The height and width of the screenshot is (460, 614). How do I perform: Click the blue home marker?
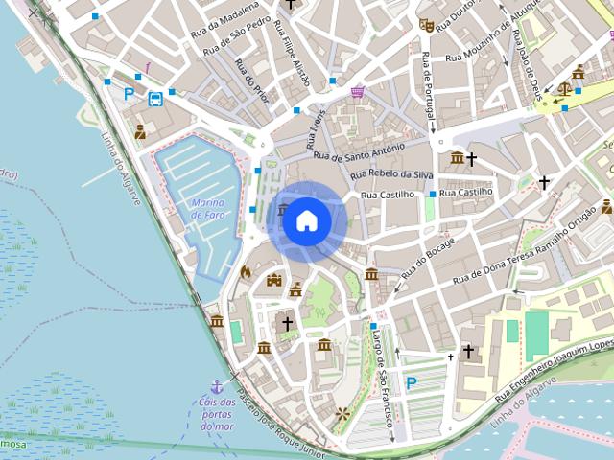point(306,221)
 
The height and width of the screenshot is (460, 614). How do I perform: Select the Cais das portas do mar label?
point(217,413)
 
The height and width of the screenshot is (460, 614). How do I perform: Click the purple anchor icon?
point(217,387)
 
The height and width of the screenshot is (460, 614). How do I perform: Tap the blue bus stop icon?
point(154,98)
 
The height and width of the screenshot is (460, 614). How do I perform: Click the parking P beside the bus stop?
point(130,94)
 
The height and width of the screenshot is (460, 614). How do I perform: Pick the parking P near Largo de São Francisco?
point(412,383)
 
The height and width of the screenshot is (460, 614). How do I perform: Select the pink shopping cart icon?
point(358,92)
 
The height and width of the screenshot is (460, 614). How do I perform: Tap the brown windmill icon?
point(342,415)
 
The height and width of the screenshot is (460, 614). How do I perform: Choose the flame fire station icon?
point(246,272)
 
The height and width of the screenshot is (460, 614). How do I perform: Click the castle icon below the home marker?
point(274,281)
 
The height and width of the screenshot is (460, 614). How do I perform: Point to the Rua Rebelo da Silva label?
point(392,174)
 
